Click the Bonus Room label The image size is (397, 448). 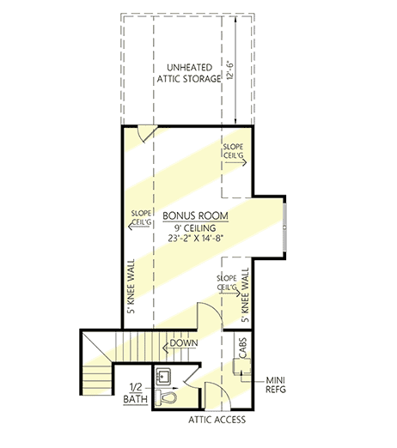click(195, 215)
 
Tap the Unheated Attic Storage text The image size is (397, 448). click(189, 73)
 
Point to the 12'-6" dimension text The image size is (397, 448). click(230, 70)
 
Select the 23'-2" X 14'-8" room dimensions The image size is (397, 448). click(195, 238)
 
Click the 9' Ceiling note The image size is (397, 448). click(195, 228)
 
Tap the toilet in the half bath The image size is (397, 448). click(166, 397)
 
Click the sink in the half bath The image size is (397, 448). click(163, 376)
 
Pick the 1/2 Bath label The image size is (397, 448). click(136, 393)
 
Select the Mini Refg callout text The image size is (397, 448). click(276, 384)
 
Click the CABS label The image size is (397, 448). click(242, 348)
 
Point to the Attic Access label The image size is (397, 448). click(217, 420)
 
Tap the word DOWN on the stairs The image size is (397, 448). click(184, 342)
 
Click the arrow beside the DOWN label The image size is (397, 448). click(168, 348)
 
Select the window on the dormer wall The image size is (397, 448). click(284, 227)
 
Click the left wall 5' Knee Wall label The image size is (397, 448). click(131, 287)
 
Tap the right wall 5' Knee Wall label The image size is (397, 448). click(245, 295)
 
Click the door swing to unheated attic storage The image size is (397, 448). click(147, 133)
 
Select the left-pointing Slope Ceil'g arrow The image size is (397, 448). click(139, 227)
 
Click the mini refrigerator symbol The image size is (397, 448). click(242, 366)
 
